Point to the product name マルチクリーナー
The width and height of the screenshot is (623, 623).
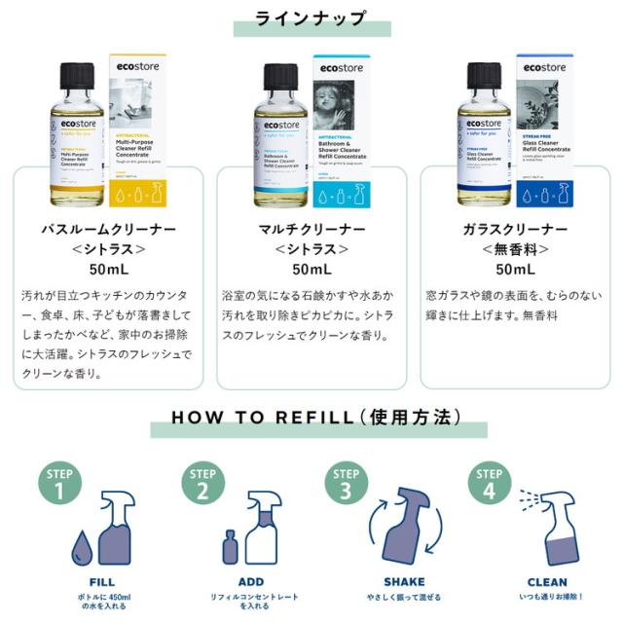point(311,230)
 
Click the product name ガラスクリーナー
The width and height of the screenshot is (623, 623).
point(516,230)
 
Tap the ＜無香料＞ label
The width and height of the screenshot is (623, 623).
point(516,249)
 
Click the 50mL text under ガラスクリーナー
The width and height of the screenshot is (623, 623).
point(516,270)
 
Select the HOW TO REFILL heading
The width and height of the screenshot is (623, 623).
point(311,418)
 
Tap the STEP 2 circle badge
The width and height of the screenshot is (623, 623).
point(202,482)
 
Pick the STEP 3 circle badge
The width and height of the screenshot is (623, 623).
point(345,482)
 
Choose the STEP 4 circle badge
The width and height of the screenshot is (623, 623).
point(487,482)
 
